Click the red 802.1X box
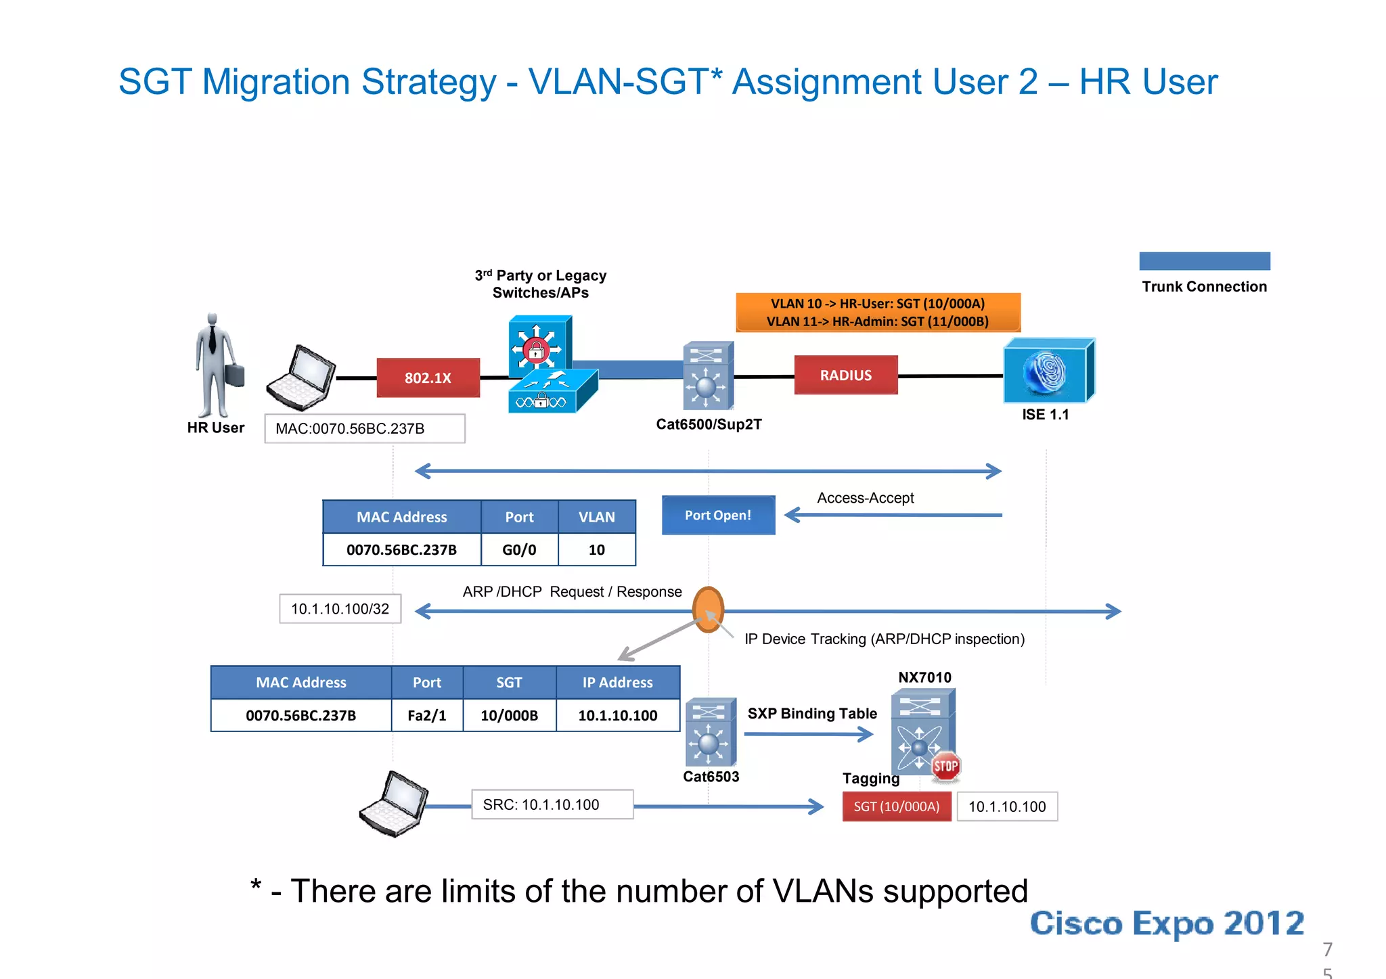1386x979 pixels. [x=428, y=378]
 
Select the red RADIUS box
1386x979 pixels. [x=845, y=375]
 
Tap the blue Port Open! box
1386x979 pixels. [x=718, y=515]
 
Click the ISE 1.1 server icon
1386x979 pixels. [x=1048, y=371]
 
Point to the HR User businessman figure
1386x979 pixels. [x=216, y=365]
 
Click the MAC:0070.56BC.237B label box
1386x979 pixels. [x=364, y=428]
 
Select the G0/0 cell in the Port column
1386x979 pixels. [x=519, y=549]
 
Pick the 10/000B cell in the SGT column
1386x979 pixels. [x=509, y=715]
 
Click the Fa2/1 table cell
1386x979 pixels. [x=427, y=715]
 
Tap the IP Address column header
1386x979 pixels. [x=617, y=682]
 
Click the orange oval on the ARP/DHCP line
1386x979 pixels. [x=708, y=609]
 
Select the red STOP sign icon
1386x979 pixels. [x=945, y=767]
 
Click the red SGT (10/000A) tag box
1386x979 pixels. [x=896, y=806]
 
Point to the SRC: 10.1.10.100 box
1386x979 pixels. [x=552, y=804]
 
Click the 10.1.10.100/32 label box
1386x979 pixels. [x=340, y=608]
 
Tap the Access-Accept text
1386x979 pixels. [x=865, y=498]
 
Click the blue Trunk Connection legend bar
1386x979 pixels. [x=1204, y=261]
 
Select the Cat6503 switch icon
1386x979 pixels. [x=710, y=733]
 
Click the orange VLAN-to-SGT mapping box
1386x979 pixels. [x=878, y=312]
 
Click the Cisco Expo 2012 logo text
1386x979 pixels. [x=1167, y=923]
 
